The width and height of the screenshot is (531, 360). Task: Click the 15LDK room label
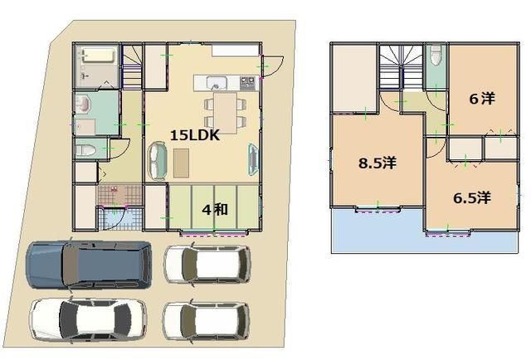(x=195, y=135)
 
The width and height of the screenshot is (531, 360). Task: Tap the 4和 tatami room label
(x=215, y=210)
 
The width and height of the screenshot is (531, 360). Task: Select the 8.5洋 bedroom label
(x=378, y=163)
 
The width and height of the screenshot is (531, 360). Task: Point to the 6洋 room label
(x=482, y=99)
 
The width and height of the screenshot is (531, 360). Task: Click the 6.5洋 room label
(x=472, y=197)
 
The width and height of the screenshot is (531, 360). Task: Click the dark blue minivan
(x=89, y=265)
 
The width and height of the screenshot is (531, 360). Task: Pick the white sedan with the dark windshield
(x=88, y=319)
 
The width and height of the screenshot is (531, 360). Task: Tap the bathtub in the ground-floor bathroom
(x=98, y=56)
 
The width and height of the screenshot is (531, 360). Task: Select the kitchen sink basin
(x=217, y=83)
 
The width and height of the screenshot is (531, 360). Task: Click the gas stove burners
(x=249, y=83)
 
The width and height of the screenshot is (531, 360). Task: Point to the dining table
(x=226, y=113)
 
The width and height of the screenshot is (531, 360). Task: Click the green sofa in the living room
(x=158, y=161)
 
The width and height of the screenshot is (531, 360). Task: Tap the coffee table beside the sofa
(x=181, y=163)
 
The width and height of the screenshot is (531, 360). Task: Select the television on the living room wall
(x=254, y=160)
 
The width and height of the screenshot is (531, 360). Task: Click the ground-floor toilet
(x=85, y=150)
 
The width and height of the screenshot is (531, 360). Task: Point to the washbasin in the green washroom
(x=82, y=104)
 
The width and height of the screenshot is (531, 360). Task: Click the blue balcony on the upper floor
(x=423, y=232)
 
